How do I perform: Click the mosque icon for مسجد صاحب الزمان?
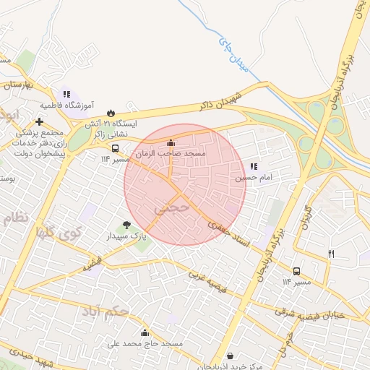[x=171, y=142]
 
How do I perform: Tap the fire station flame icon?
[x=111, y=113]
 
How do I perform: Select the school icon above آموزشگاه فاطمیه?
[x=66, y=94]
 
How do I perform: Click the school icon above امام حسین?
[x=254, y=166]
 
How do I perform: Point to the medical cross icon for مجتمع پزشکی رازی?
[x=40, y=121]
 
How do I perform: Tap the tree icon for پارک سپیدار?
[x=127, y=225]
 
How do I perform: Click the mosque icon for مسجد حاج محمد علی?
[x=145, y=332]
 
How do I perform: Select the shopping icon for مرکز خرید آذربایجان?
[x=230, y=356]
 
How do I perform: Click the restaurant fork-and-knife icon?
[x=332, y=254]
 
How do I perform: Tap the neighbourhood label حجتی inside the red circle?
[x=171, y=207]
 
